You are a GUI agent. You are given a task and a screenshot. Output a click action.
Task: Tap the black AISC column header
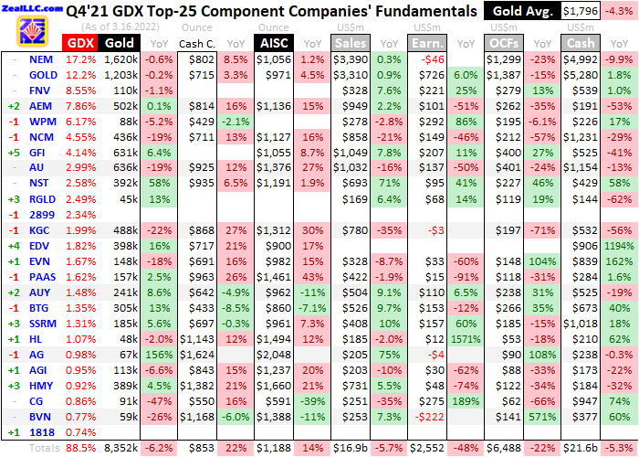[275, 43]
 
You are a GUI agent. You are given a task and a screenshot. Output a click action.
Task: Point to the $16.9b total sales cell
[351, 448]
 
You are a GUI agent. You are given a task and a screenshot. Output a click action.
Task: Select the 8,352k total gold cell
[121, 448]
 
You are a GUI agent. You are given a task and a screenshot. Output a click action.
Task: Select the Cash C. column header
[195, 44]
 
